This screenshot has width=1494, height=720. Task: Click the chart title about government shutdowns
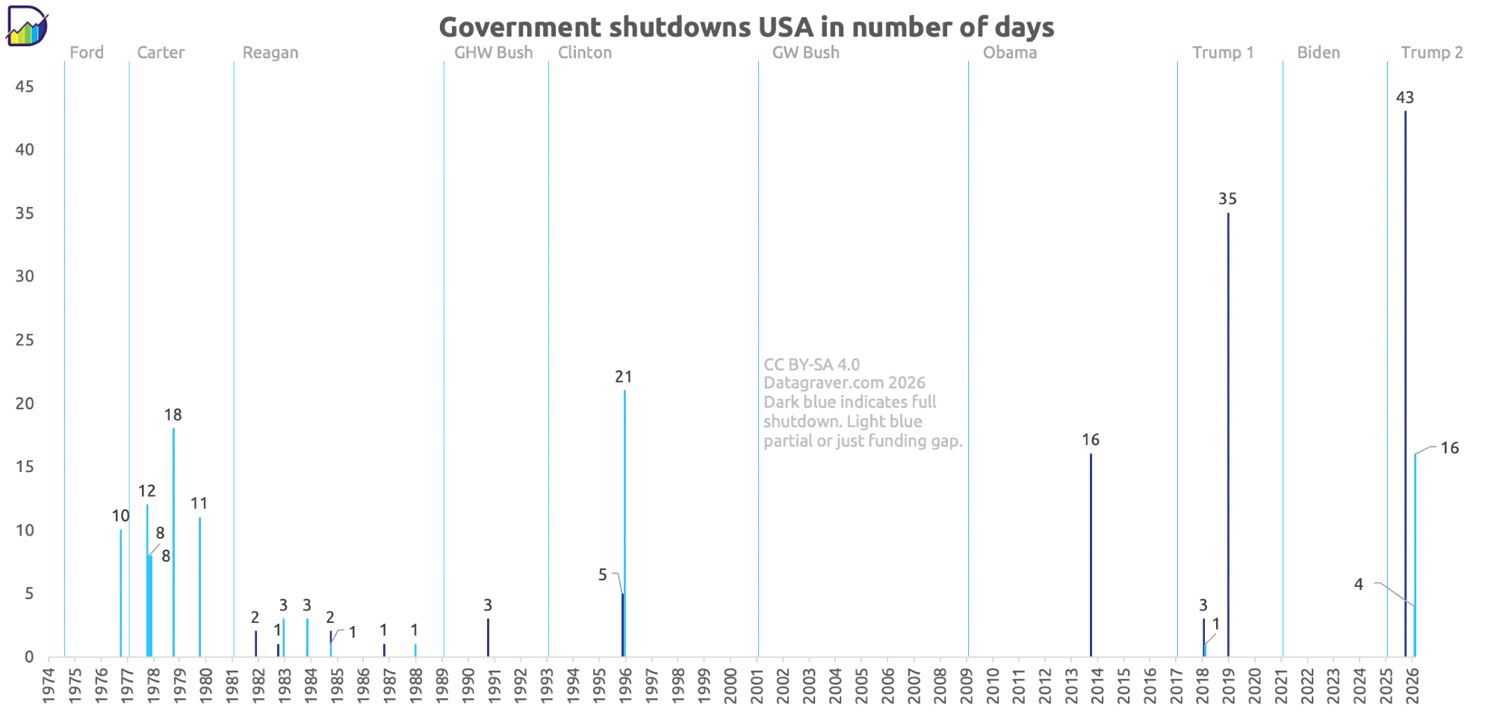pyautogui.click(x=746, y=27)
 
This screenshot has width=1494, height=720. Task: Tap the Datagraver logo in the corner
pyautogui.click(x=27, y=26)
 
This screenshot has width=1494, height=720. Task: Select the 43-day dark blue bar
pyautogui.click(x=1405, y=373)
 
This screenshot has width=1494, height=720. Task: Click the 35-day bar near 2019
pyautogui.click(x=1228, y=433)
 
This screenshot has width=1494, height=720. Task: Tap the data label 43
pyautogui.click(x=1405, y=98)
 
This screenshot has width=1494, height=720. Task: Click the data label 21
pyautogui.click(x=624, y=377)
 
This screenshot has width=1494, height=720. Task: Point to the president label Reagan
pyautogui.click(x=270, y=53)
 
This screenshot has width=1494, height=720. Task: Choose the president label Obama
pyautogui.click(x=1010, y=53)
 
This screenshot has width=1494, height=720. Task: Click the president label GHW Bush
pyautogui.click(x=494, y=53)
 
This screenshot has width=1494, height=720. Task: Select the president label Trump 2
pyautogui.click(x=1432, y=53)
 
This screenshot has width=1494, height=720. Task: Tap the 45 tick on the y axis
pyautogui.click(x=25, y=87)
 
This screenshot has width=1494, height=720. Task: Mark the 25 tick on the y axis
pyautogui.click(x=25, y=340)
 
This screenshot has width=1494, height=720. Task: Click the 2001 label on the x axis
pyautogui.click(x=757, y=684)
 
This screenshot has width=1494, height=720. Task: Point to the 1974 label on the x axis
pyautogui.click(x=49, y=684)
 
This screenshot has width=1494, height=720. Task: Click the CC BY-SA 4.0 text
pyautogui.click(x=812, y=364)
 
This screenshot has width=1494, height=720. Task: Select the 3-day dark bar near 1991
pyautogui.click(x=488, y=637)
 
